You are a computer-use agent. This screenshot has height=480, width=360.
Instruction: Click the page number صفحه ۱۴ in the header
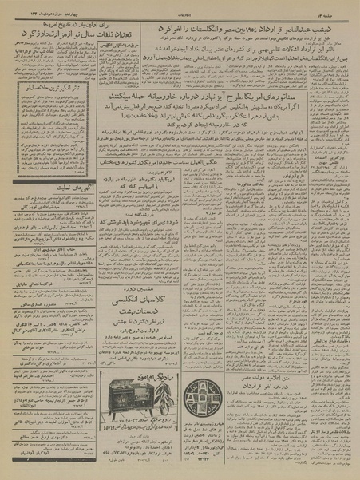pyautogui.click(x=338, y=6)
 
